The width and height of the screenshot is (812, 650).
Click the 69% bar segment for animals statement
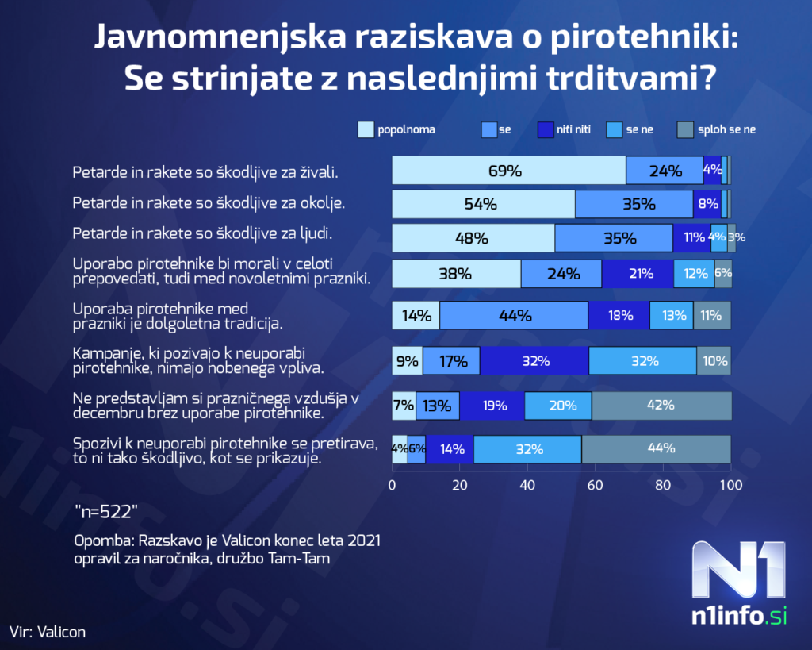[508, 171]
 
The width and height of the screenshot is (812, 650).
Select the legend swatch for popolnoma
[366, 129]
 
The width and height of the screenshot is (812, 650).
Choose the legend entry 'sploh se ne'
[726, 129]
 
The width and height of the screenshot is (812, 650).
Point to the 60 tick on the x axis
[596, 485]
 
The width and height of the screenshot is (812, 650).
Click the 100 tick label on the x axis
[730, 485]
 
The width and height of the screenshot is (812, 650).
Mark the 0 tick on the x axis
[393, 485]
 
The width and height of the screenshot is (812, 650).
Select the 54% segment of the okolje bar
[483, 204]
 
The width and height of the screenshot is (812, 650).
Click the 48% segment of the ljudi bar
[473, 237]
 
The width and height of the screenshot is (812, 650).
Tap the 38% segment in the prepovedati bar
[456, 274]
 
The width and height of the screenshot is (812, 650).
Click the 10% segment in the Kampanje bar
[714, 361]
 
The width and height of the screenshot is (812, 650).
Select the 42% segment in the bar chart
[661, 405]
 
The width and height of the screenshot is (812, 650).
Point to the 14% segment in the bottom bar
[451, 448]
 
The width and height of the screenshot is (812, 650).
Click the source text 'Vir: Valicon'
[48, 632]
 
